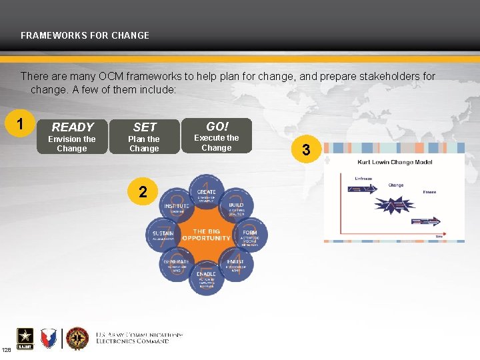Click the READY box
pyautogui.click(x=72, y=137)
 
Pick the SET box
pyautogui.click(x=144, y=137)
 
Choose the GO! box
pyautogui.click(x=217, y=136)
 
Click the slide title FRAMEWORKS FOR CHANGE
pyautogui.click(x=85, y=35)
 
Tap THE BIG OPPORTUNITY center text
pyautogui.click(x=206, y=234)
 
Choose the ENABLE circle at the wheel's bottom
pyautogui.click(x=207, y=277)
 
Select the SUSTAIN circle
pyautogui.click(x=163, y=235)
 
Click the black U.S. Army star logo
pyautogui.click(x=24, y=339)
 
